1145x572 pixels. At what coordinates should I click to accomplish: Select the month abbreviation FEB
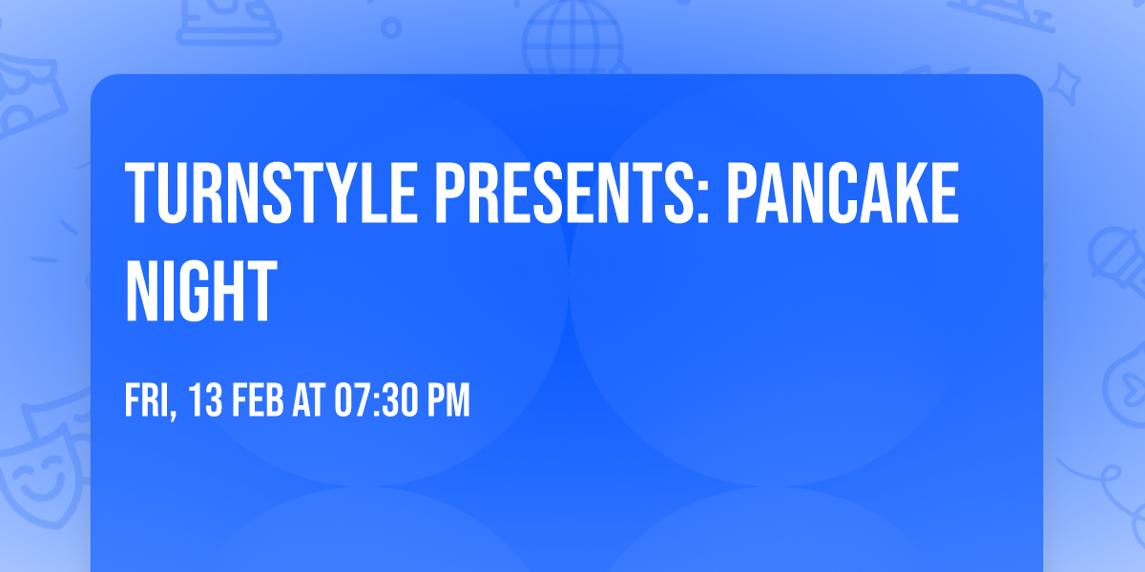pos(259,401)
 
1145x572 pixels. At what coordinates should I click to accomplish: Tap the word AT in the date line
pos(310,401)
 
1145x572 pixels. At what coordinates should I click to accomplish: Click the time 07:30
pos(374,401)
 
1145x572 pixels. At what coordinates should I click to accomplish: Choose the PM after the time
pos(448,401)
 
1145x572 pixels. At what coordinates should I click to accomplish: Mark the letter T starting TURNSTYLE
pos(141,194)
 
